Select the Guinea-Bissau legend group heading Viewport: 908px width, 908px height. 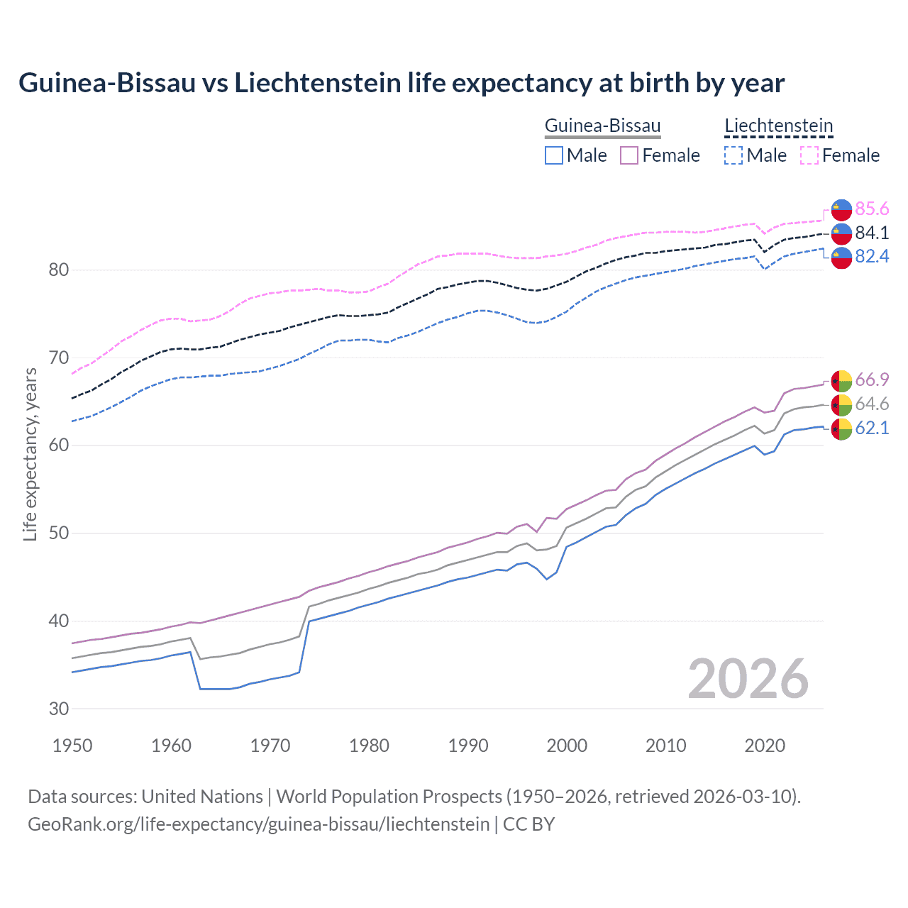(x=602, y=126)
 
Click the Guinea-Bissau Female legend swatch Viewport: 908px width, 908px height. (x=629, y=155)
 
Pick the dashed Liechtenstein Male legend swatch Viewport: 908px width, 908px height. (x=733, y=155)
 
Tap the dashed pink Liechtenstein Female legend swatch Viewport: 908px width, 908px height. (x=809, y=155)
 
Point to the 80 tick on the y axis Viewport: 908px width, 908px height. (x=59, y=270)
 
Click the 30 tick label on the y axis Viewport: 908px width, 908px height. (x=59, y=709)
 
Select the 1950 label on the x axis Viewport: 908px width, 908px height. (x=72, y=746)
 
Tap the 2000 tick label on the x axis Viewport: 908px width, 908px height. (x=567, y=746)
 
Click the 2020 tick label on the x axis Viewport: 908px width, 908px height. (x=764, y=746)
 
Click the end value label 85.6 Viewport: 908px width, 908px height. (x=872, y=209)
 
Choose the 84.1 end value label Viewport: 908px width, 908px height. (x=872, y=233)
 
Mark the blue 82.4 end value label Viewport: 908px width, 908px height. (x=872, y=256)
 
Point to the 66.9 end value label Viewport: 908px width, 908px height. (x=872, y=380)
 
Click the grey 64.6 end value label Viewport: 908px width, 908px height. (x=872, y=404)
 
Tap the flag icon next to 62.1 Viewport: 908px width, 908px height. (x=841, y=429)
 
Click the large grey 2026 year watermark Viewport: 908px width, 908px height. (x=748, y=679)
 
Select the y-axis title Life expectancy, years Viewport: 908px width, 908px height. (x=30, y=454)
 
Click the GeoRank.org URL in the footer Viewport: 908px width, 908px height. (x=258, y=824)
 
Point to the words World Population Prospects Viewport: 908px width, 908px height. (x=389, y=797)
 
